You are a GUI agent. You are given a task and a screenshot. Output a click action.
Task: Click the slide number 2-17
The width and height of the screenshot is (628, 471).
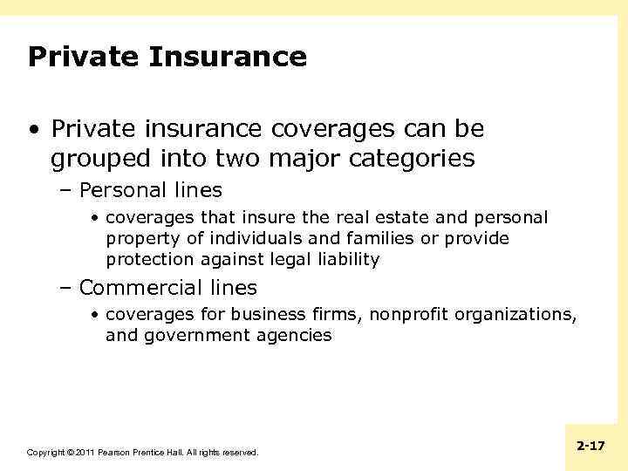point(590,446)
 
